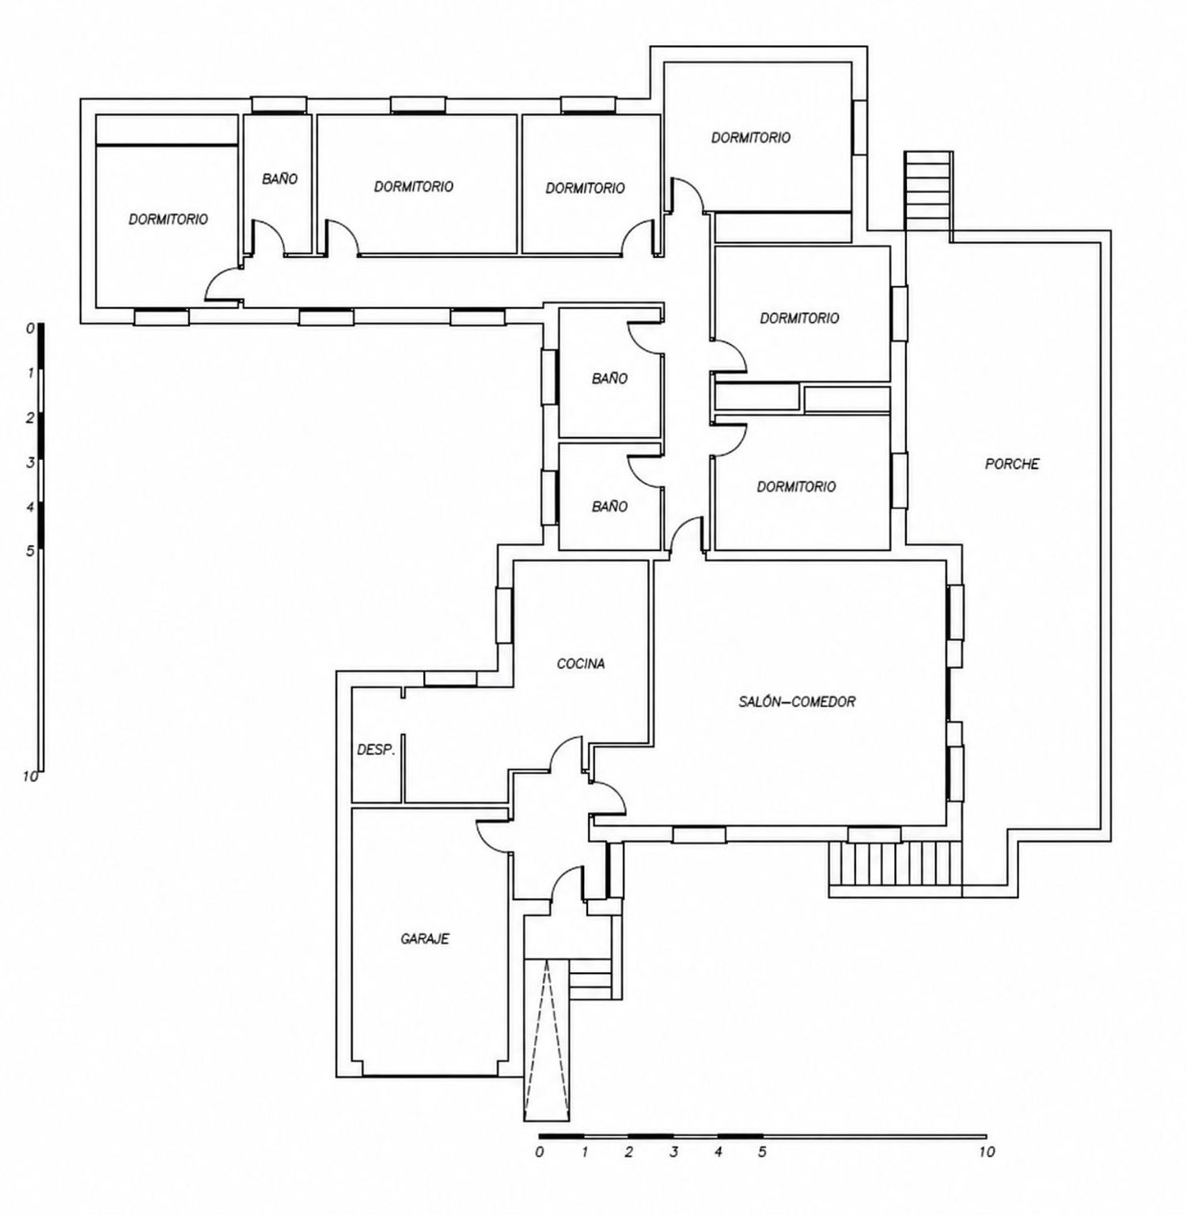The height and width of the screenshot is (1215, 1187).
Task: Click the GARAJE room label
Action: pos(425,939)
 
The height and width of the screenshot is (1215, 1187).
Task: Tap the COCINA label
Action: pos(581,663)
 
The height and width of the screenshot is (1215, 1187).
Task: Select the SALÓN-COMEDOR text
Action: pos(797,701)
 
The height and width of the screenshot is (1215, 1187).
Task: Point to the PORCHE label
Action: pos(1012,464)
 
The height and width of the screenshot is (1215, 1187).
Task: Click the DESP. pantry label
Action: pos(376,749)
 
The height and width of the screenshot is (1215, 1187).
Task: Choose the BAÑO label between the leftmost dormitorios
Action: pos(280,179)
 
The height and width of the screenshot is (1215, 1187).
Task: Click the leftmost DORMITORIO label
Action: pos(169,218)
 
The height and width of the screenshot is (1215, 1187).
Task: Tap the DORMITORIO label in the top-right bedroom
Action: pos(751,137)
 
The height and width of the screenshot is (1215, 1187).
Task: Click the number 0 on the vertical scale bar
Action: pos(30,328)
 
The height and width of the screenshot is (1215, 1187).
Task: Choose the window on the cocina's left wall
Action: pos(503,615)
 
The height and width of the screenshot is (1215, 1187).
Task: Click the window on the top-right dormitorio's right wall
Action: pos(859,127)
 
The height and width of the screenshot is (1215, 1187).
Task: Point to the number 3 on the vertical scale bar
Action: pos(30,462)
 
